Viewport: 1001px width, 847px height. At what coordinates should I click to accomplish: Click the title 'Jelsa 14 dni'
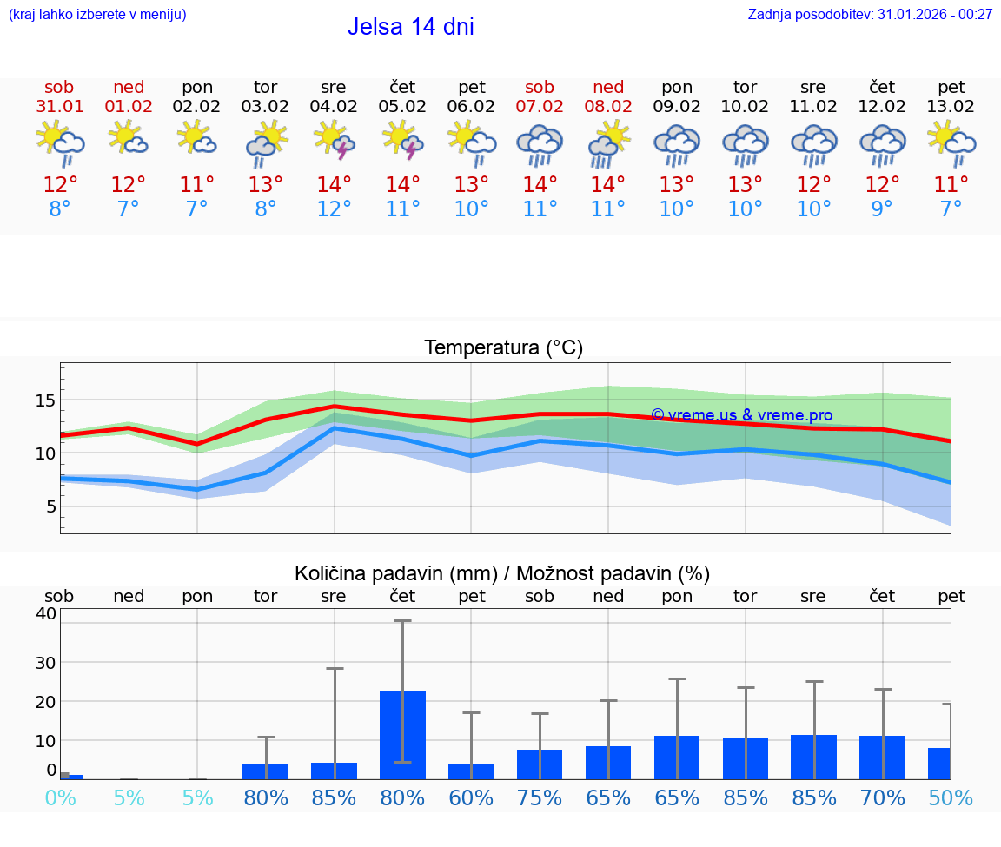tap(410, 27)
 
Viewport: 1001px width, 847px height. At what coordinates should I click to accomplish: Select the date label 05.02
tap(402, 107)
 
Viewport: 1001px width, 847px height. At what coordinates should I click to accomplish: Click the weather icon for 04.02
tap(334, 142)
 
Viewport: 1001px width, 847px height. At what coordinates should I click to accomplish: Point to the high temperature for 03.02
tap(265, 184)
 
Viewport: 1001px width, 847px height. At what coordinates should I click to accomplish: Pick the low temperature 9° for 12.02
tap(882, 209)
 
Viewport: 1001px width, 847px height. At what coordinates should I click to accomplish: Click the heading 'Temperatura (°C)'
tap(503, 347)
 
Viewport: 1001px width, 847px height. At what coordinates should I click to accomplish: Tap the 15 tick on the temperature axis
tap(45, 400)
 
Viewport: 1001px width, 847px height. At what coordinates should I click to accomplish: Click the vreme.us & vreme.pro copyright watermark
tap(741, 415)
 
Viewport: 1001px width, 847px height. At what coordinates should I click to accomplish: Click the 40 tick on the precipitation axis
tap(45, 613)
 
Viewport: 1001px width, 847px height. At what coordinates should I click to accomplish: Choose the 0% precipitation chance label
tap(60, 797)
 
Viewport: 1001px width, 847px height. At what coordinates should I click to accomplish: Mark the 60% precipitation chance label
tap(471, 797)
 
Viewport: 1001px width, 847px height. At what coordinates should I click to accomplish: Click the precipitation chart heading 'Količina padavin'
tap(502, 573)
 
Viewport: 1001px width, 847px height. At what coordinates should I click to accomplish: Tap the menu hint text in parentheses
tap(96, 14)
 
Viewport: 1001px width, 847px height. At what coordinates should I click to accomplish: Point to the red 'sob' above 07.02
tap(539, 87)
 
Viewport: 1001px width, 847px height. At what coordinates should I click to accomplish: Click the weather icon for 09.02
tap(677, 144)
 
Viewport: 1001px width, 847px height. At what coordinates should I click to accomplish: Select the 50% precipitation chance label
tap(951, 797)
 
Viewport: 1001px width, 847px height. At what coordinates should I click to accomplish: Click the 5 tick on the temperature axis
tap(50, 506)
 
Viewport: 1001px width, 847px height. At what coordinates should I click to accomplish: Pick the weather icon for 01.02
tap(128, 139)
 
